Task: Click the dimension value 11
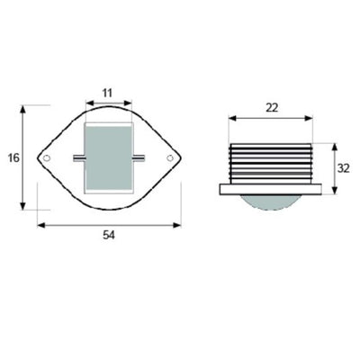[107, 93]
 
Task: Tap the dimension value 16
[13, 157]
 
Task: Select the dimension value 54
[109, 235]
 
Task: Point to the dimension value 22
[272, 108]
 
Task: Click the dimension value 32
[344, 168]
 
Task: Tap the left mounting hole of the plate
[47, 157]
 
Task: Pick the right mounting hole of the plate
[170, 157]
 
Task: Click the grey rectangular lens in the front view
[109, 157]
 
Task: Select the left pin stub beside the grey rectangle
[79, 157]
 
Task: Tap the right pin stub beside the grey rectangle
[139, 157]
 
